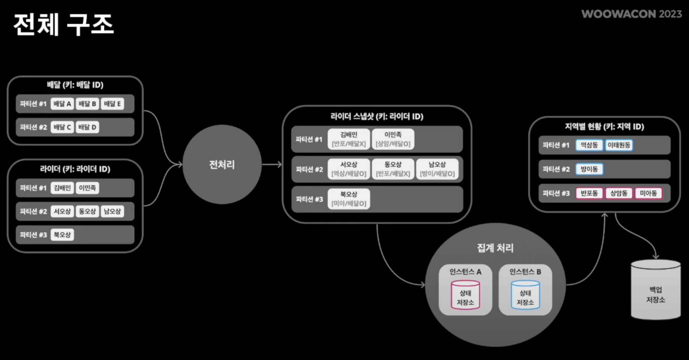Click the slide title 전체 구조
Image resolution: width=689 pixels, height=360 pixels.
63,24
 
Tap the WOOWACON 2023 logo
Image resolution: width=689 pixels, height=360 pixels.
631,14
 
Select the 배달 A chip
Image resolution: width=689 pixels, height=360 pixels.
62,104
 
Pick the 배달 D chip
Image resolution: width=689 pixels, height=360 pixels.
87,127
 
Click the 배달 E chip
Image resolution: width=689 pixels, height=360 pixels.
112,104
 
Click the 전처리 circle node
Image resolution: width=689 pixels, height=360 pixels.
222,164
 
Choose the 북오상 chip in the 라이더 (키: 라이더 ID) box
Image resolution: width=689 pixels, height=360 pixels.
62,235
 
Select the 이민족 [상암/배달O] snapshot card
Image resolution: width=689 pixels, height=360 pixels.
393,139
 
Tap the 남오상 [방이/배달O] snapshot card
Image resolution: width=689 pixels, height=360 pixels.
437,169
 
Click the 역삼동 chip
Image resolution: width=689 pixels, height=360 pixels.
589,145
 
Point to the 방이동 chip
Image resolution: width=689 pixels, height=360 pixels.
589,169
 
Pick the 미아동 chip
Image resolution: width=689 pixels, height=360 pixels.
648,193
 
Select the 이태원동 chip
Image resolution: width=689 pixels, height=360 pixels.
619,145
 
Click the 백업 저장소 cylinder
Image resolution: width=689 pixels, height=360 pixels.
655,290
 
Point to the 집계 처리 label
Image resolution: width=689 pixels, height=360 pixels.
495,248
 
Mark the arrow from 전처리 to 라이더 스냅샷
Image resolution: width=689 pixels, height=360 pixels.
272,164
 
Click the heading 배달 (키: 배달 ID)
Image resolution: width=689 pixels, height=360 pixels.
75,85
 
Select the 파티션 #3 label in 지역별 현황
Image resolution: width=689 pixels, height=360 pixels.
556,193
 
